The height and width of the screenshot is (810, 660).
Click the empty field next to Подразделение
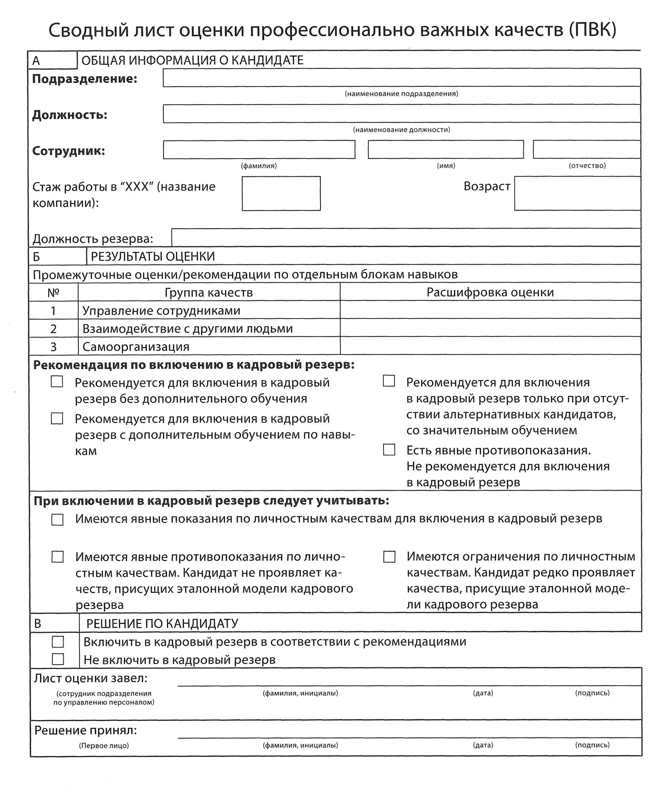pos(402,77)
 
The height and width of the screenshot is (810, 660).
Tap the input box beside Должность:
pos(402,114)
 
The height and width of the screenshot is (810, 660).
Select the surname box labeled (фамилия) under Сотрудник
pos(259,150)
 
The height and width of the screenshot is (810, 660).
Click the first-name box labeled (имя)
pos(445,150)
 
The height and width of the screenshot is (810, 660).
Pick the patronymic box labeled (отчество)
pos(587,150)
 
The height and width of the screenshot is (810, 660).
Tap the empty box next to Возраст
pos(577,193)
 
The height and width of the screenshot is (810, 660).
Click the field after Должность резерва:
pos(406,237)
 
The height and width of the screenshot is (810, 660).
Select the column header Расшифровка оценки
pos(490,292)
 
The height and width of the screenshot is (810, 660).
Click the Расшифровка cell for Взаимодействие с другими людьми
pos(490,328)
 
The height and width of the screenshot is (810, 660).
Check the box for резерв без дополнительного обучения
pos(57,382)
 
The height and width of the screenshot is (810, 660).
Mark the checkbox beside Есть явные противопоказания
pos(389,450)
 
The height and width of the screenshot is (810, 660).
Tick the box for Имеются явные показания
pos(57,520)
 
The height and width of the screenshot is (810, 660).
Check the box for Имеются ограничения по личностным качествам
pos(389,557)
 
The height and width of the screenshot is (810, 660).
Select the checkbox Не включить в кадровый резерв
pos(58,659)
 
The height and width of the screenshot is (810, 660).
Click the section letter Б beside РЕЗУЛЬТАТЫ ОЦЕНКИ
pos(36,257)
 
